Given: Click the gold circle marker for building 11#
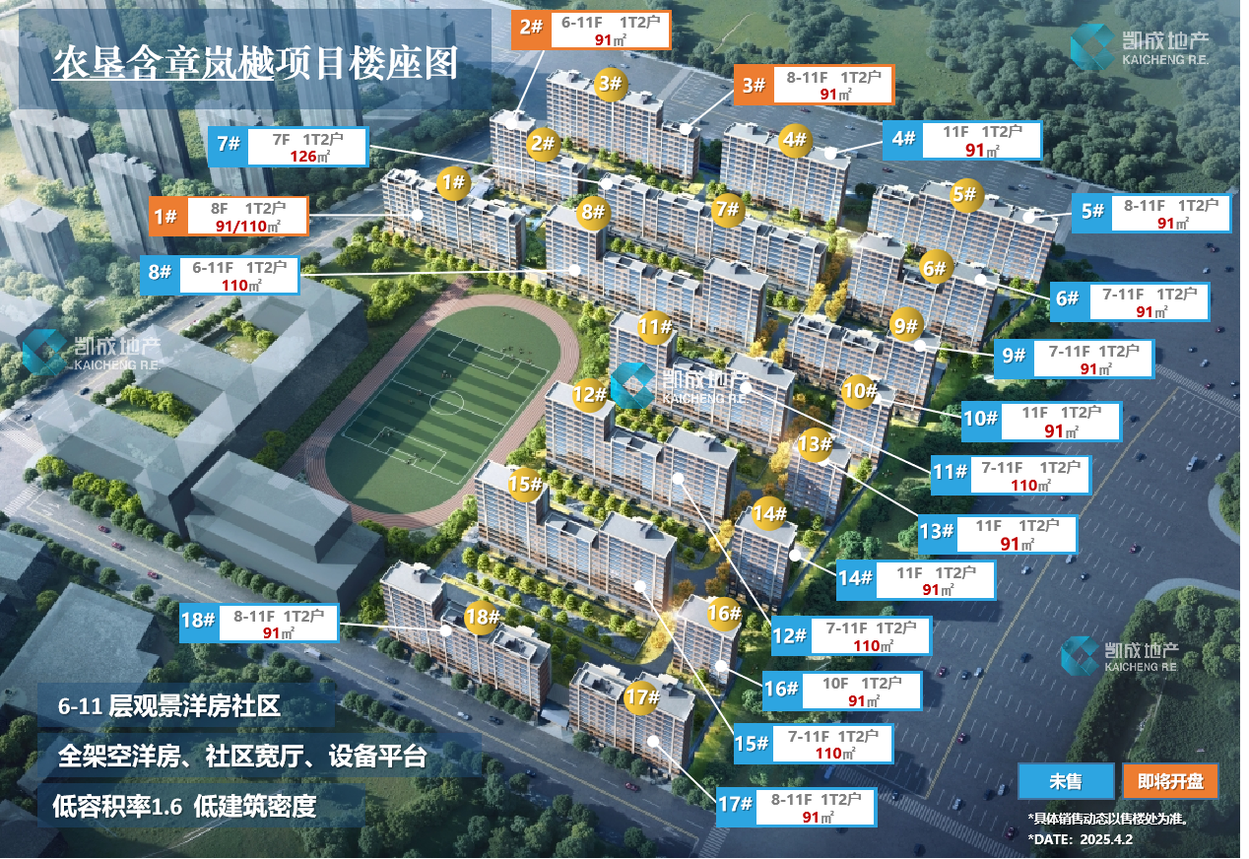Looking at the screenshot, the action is [655, 327].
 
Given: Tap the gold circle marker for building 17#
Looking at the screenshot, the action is [642, 696].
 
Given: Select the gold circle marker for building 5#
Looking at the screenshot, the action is [965, 195].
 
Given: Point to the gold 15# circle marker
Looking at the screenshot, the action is [525, 484].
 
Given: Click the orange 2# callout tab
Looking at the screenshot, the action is [531, 28].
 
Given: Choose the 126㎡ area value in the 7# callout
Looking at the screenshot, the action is [310, 157].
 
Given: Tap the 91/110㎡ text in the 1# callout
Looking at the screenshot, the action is [248, 227].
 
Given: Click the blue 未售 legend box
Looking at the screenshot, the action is [1066, 781].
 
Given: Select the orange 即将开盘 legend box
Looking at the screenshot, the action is [1171, 781].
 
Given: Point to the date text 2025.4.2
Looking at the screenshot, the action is [1106, 839].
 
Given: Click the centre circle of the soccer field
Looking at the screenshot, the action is [446, 402].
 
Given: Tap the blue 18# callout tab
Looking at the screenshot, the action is [199, 621].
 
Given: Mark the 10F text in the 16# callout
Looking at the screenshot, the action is [835, 684].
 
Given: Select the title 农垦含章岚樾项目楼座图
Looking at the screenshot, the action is [255, 63].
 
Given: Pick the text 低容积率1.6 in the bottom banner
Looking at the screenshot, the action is [117, 806].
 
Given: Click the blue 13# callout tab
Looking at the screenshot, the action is [938, 531].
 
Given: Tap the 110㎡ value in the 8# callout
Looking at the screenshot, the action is [241, 286].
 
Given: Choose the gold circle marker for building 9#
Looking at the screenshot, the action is [905, 325].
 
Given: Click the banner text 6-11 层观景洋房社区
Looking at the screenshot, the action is [169, 706].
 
